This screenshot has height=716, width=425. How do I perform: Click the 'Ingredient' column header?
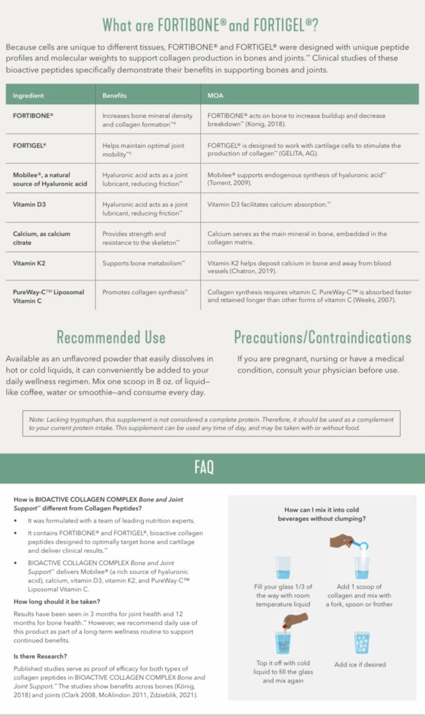tap(28, 95)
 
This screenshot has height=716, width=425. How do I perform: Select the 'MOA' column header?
tap(215, 95)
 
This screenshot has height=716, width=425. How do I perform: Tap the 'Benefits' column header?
tap(114, 95)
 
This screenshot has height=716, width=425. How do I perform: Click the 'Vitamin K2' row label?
tap(29, 263)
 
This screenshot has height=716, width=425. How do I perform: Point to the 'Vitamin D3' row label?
tap(29, 204)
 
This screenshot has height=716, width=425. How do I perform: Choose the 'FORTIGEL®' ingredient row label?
tap(30, 145)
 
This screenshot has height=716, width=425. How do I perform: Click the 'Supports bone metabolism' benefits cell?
tap(144, 263)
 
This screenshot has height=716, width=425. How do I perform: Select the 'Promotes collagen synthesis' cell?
tap(145, 292)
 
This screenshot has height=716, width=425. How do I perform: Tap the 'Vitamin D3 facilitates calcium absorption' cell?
tap(269, 204)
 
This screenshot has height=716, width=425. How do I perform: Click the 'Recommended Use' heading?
tap(111, 337)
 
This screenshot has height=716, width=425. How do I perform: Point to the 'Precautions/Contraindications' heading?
tap(322, 337)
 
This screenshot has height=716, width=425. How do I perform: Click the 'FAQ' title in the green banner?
tap(204, 467)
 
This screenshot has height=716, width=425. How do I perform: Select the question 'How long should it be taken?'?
tap(57, 602)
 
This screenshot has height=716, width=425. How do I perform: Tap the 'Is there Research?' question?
tap(40, 656)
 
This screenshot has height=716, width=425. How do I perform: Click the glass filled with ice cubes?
tap(361, 642)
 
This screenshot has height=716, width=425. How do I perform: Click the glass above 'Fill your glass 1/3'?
tap(283, 568)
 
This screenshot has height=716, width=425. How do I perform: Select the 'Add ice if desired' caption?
tap(360, 664)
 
